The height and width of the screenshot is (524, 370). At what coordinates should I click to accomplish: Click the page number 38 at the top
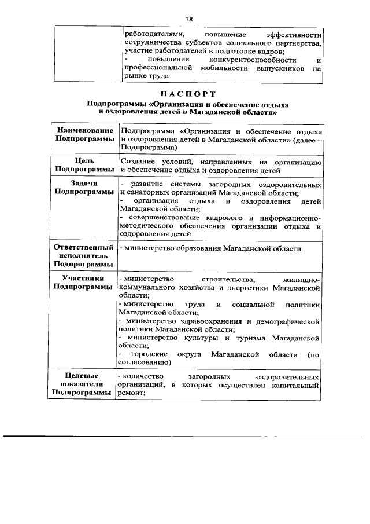pyautogui.click(x=188, y=19)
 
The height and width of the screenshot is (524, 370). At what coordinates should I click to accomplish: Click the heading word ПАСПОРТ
pyautogui.click(x=188, y=94)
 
